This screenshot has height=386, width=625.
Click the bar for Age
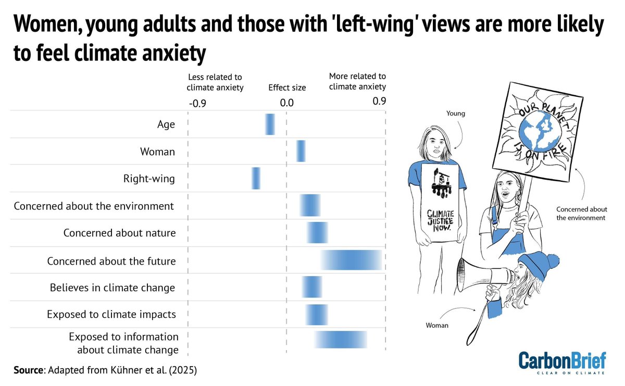tap(270, 124)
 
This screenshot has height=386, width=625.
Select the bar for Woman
tap(301, 151)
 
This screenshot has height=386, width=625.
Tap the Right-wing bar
tap(256, 178)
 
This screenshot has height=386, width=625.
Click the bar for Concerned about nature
tap(317, 232)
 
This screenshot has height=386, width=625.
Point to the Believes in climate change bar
tap(312, 287)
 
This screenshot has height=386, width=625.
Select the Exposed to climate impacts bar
tap(316, 314)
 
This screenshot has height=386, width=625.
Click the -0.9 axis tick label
tap(197, 103)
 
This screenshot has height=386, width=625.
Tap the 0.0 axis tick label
tap(286, 103)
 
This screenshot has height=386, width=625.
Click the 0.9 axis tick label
tap(379, 101)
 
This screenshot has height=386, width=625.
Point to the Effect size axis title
tap(287, 88)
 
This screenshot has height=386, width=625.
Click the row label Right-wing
tap(149, 179)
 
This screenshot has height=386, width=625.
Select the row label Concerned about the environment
tap(94, 206)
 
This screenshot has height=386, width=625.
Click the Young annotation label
tap(456, 113)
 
